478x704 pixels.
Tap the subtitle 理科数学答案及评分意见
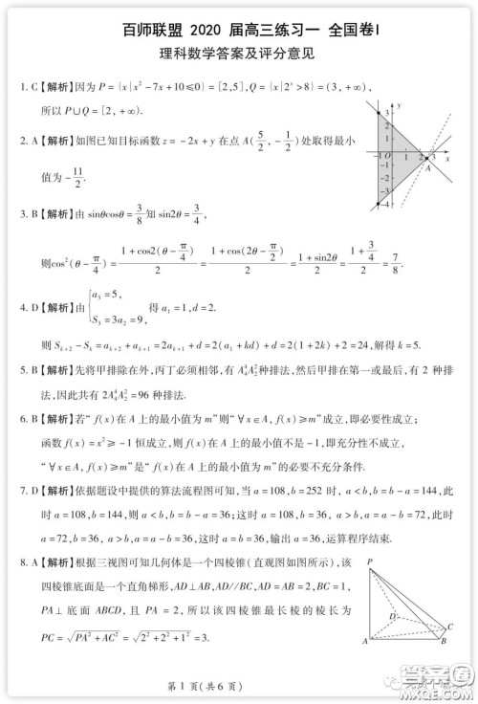point(238,54)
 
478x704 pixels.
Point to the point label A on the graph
point(428,167)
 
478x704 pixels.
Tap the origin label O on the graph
point(388,155)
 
